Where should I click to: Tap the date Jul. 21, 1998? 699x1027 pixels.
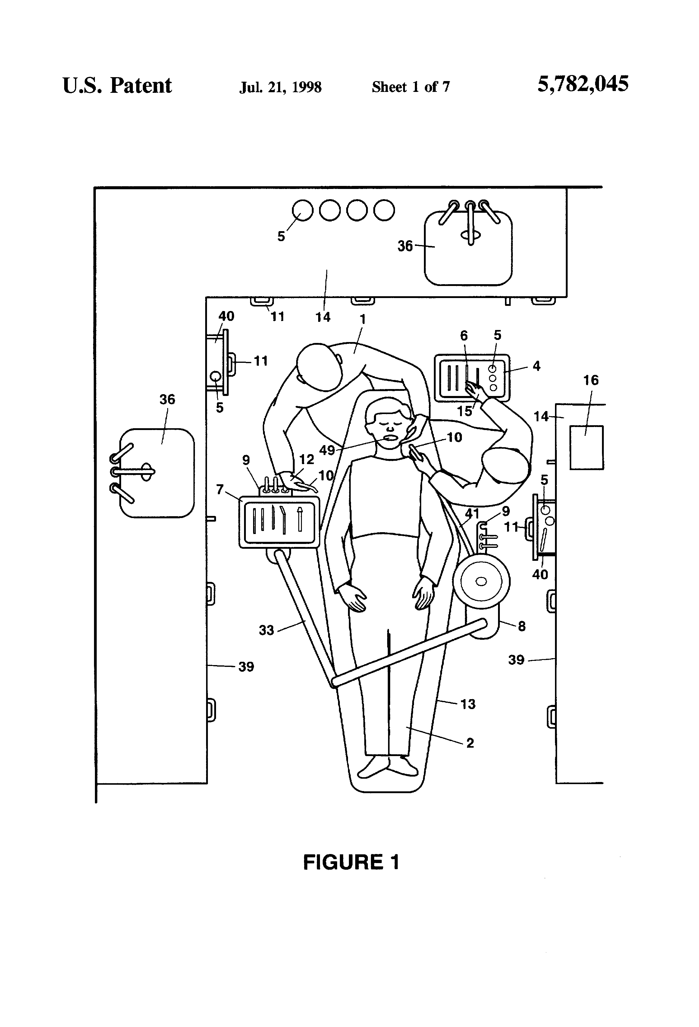(x=280, y=87)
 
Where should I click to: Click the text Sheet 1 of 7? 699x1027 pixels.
(x=410, y=86)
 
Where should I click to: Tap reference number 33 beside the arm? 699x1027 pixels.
(x=266, y=630)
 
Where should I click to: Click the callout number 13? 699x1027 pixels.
(x=468, y=704)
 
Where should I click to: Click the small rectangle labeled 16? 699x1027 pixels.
(x=586, y=447)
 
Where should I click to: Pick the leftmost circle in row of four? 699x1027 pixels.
(x=303, y=210)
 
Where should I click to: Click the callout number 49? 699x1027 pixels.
(x=327, y=450)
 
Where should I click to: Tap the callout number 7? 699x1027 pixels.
(x=220, y=489)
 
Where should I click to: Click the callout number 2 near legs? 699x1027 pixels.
(x=470, y=743)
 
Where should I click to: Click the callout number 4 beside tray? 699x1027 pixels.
(x=536, y=366)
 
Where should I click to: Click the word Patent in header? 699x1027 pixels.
(x=140, y=85)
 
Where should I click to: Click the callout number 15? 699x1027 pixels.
(x=464, y=411)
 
